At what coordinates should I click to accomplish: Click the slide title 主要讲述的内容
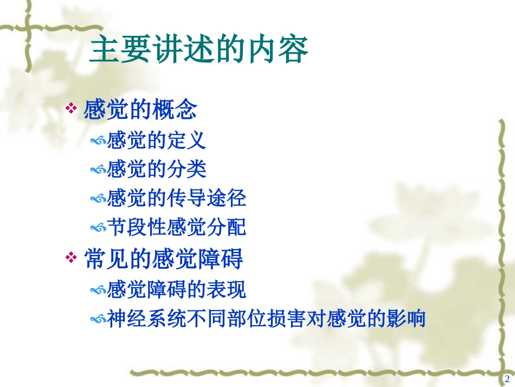(198, 50)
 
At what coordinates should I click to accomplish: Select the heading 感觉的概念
(140, 111)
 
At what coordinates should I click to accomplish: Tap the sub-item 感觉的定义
(157, 141)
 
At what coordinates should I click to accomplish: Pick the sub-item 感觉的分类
(157, 169)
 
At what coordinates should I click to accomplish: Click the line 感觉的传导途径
(177, 199)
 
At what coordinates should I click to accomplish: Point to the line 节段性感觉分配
(177, 227)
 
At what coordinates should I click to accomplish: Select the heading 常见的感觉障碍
(164, 259)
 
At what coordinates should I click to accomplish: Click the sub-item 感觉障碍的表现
(177, 289)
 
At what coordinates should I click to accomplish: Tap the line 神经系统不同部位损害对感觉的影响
(266, 319)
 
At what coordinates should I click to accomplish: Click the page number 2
(507, 378)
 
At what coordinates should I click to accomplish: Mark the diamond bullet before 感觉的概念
(71, 109)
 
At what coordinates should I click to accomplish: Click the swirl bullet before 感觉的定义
(98, 141)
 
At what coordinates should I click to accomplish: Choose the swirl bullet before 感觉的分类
(98, 170)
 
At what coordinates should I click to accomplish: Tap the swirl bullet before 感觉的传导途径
(98, 199)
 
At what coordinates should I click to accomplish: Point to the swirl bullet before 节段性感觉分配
(98, 228)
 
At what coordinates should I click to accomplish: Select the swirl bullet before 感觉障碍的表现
(98, 290)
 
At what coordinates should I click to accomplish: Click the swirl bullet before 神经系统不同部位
(98, 320)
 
